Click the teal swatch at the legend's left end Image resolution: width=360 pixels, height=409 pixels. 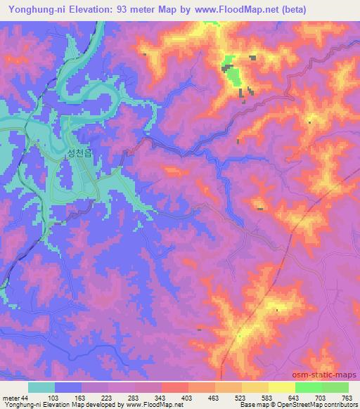(41, 387)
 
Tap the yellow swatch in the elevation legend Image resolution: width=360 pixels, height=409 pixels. (281, 387)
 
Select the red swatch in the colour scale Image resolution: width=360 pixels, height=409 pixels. (174, 387)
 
